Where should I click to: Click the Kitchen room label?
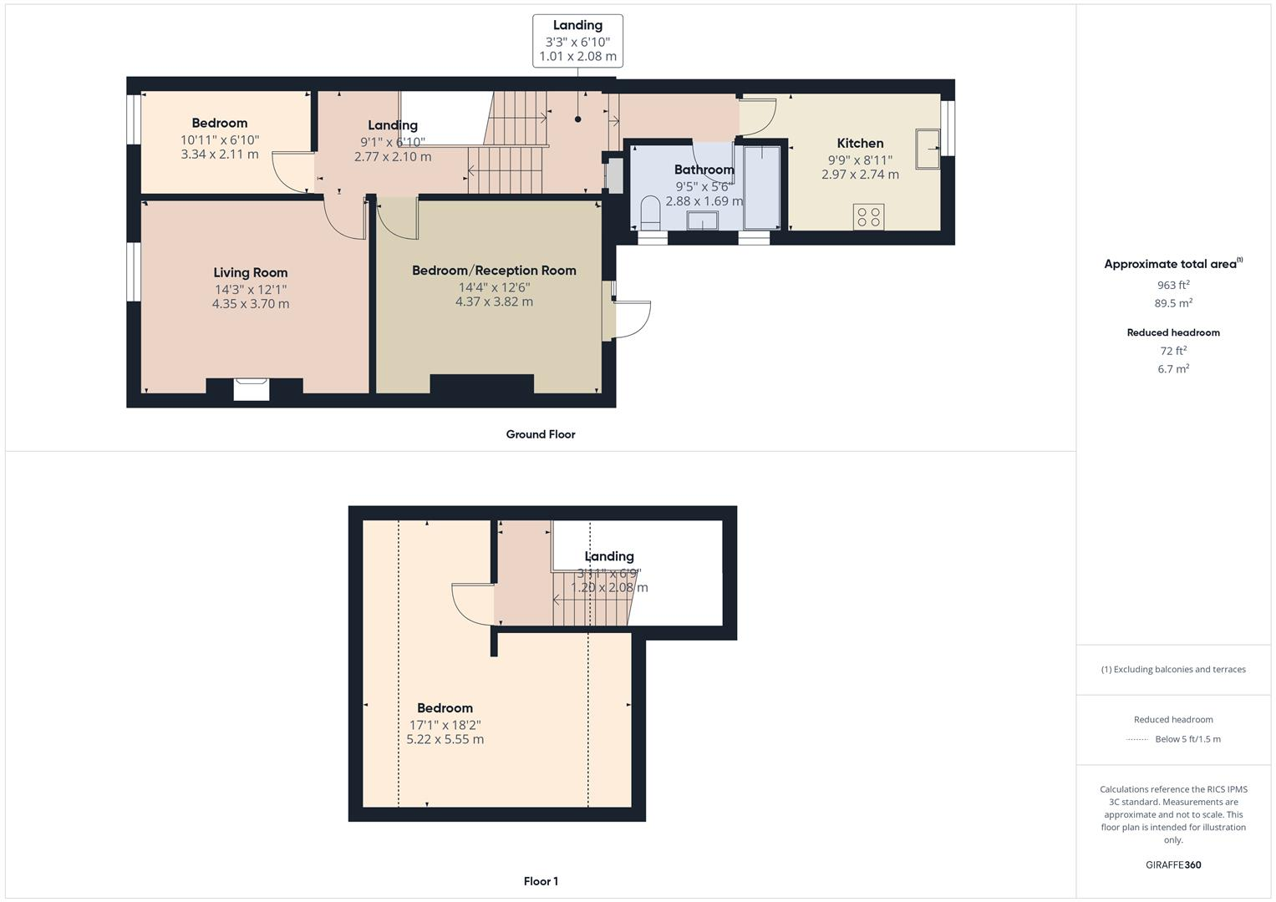(x=860, y=143)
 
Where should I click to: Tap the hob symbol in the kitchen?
(x=869, y=217)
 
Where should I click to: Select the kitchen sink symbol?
(x=928, y=149)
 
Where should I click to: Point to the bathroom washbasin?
(x=702, y=220)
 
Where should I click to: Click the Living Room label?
(x=250, y=272)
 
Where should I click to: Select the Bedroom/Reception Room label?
(x=494, y=271)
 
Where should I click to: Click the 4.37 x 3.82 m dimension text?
(x=494, y=302)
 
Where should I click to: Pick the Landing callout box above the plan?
(x=577, y=41)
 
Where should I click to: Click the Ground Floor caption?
(x=541, y=434)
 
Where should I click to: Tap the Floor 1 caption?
(x=541, y=881)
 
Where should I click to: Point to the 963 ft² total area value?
(x=1173, y=285)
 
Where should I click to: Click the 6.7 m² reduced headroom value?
(x=1173, y=369)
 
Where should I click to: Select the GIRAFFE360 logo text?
(x=1173, y=864)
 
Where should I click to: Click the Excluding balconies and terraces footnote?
(x=1173, y=669)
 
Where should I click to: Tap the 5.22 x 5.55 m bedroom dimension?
(x=445, y=739)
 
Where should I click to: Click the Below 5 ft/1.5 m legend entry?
(x=1187, y=739)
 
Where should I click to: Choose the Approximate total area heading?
(x=1172, y=264)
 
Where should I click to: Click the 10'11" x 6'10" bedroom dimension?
(x=220, y=140)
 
